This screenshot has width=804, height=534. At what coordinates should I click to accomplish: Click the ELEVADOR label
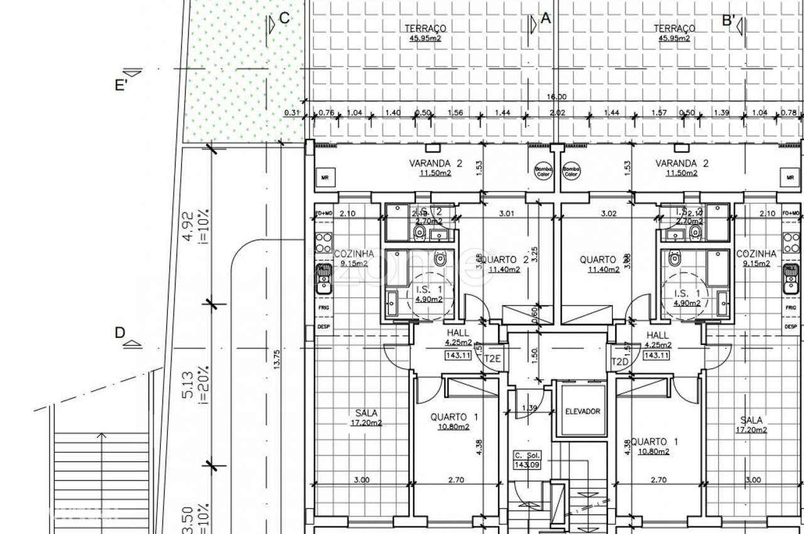tap(582, 411)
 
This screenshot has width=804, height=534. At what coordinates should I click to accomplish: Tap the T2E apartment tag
tap(493, 359)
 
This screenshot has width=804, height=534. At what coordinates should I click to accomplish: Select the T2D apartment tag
tap(620, 362)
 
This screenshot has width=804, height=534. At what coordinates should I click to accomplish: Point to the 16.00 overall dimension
tap(557, 97)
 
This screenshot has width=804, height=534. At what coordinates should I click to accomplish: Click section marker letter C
tap(285, 18)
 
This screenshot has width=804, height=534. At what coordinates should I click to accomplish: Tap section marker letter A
tap(545, 19)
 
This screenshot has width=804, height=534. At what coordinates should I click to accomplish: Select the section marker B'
tap(729, 20)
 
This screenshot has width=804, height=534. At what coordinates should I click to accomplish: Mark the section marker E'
tap(121, 85)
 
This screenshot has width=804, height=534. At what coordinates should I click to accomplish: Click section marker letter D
tap(120, 333)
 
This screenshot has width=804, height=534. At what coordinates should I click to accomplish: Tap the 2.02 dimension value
tap(558, 112)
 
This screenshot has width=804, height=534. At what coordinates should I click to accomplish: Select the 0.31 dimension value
tap(291, 112)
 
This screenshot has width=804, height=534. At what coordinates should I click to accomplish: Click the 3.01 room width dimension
tap(506, 213)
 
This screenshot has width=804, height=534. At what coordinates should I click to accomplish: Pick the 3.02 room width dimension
tap(609, 213)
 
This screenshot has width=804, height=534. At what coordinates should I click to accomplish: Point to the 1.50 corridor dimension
tap(535, 354)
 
